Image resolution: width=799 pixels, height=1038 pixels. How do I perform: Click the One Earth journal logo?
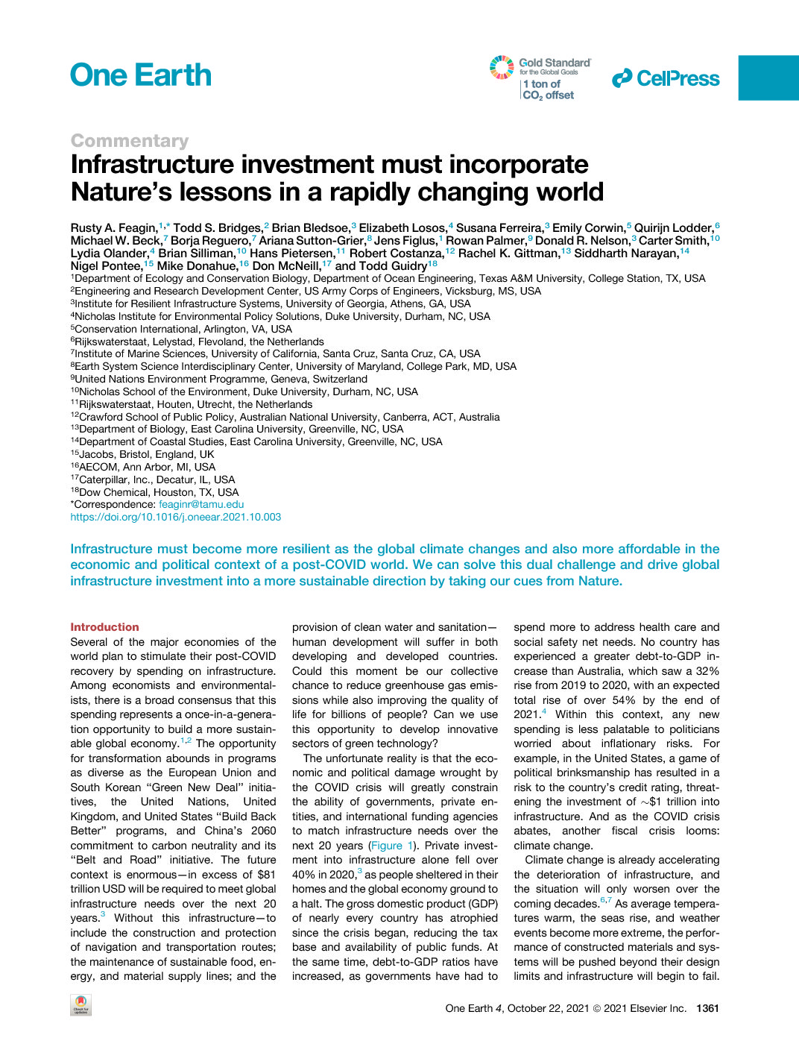pyautogui.click(x=141, y=75)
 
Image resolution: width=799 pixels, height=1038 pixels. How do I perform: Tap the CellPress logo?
pyautogui.click(x=666, y=78)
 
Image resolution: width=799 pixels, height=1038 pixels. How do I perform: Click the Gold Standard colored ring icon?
pyautogui.click(x=502, y=67)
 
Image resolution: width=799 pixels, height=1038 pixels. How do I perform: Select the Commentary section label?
pyautogui.click(x=130, y=140)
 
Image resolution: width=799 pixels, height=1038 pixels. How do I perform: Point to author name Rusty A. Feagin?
pyautogui.click(x=113, y=227)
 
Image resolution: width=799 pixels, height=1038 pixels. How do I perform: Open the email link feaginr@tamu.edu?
pyautogui.click(x=201, y=504)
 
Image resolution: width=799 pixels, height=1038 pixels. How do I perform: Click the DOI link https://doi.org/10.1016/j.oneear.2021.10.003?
pyautogui.click(x=176, y=517)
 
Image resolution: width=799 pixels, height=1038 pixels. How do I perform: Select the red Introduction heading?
pyautogui.click(x=104, y=627)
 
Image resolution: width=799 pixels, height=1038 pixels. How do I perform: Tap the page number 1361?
pyautogui.click(x=707, y=1008)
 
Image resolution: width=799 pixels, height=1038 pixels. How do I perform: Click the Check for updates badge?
pyautogui.click(x=80, y=1004)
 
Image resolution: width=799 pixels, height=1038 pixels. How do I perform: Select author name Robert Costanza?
pyautogui.click(x=396, y=253)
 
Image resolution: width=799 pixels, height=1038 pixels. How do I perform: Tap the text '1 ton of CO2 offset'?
pyautogui.click(x=549, y=89)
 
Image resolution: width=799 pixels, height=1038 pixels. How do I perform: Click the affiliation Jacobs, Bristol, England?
pyautogui.click(x=145, y=454)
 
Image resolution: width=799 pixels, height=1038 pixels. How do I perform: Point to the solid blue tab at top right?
pyautogui.click(x=768, y=78)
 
